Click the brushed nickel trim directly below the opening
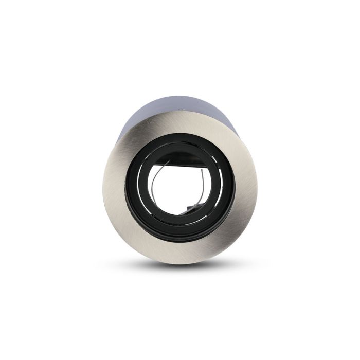tap(180, 249)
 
